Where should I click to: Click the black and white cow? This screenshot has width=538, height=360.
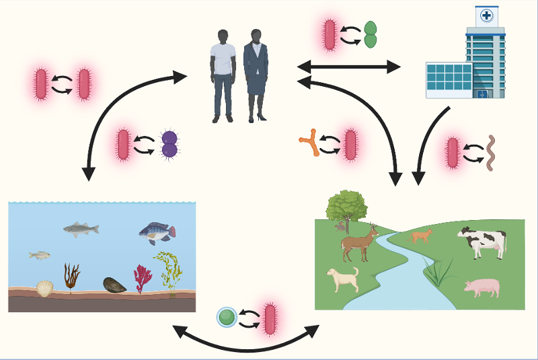[x=482, y=242]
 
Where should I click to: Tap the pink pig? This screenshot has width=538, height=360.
[x=482, y=288]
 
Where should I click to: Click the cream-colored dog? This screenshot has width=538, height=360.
[x=342, y=278]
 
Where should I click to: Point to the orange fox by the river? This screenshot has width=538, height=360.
[x=420, y=235]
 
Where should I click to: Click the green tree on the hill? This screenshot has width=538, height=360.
[x=346, y=205]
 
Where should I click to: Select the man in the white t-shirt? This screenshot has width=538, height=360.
[x=223, y=74]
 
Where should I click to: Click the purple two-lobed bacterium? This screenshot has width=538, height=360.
[x=169, y=144]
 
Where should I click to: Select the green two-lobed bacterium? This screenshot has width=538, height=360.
[x=371, y=35]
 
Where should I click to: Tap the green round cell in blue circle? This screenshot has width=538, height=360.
[x=227, y=316]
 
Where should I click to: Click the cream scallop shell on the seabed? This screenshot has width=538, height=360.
[x=44, y=289]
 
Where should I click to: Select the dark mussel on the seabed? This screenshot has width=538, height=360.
[x=114, y=285]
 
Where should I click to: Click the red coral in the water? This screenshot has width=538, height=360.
[x=143, y=277]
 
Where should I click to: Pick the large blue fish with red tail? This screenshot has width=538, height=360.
[x=157, y=232]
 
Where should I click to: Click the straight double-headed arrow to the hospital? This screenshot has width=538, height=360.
[x=348, y=67]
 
